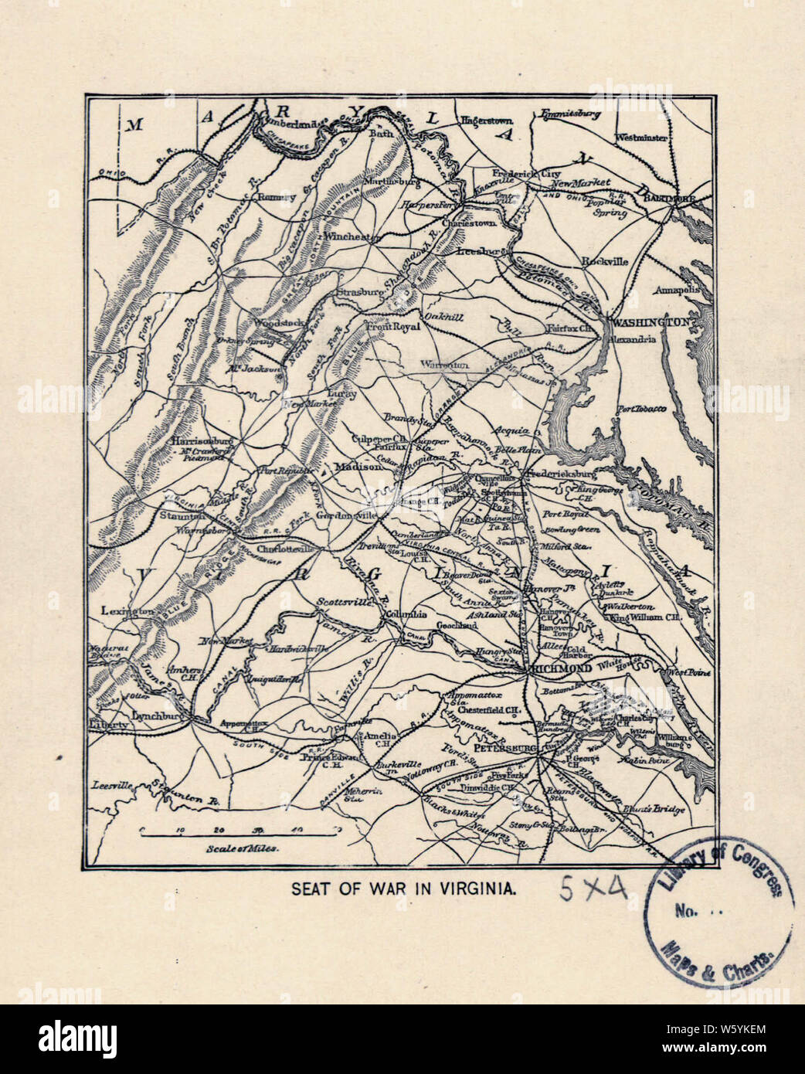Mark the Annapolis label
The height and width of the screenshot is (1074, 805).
coord(678,291)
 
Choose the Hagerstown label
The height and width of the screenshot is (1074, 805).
coord(487,121)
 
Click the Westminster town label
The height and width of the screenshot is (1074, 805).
coord(640,138)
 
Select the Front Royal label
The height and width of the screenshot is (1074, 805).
coord(392,327)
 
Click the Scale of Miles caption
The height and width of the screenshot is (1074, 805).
coord(243,847)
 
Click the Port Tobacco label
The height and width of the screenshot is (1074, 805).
coord(642,409)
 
